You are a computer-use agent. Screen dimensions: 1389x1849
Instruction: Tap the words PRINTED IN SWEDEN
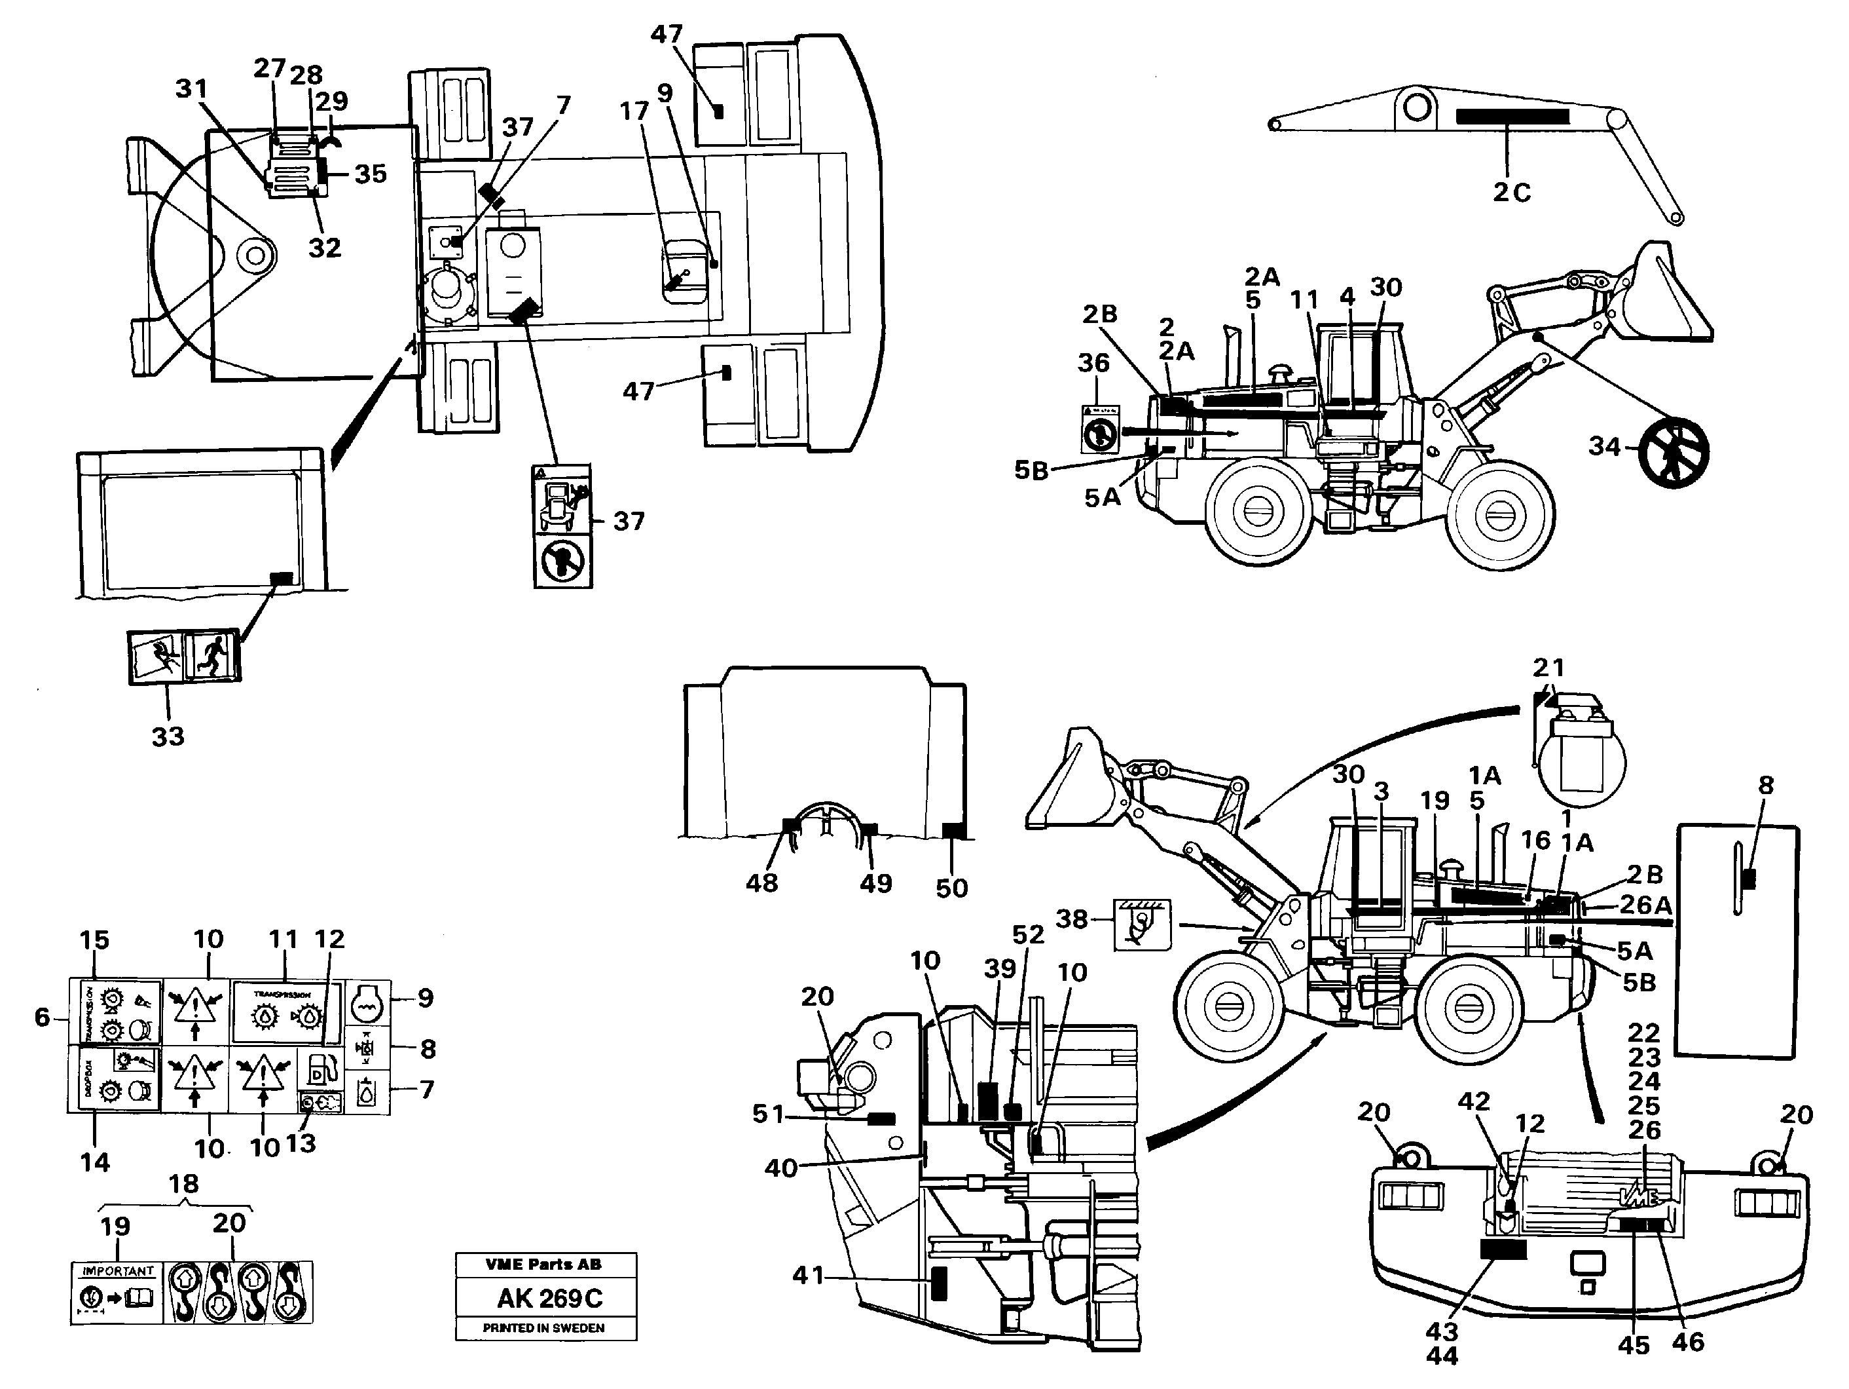543,1328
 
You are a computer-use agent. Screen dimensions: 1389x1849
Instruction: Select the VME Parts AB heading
543,1265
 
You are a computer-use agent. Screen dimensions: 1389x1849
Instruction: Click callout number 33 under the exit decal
167,736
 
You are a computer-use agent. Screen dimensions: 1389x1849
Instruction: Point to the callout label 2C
1511,193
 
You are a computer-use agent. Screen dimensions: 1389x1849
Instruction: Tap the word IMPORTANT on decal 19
117,1271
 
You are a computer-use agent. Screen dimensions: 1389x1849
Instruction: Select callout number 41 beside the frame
807,1275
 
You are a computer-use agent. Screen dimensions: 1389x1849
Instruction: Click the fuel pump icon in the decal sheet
321,1071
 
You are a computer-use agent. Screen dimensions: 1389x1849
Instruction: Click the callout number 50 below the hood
951,888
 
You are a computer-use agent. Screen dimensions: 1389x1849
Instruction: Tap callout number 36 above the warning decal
1093,363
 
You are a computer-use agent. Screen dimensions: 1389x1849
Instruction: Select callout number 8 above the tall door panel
1765,784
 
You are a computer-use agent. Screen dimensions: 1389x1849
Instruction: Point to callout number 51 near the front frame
767,1114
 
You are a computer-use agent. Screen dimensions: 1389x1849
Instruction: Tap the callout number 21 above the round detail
1548,668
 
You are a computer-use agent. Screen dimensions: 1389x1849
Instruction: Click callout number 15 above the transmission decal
94,940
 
